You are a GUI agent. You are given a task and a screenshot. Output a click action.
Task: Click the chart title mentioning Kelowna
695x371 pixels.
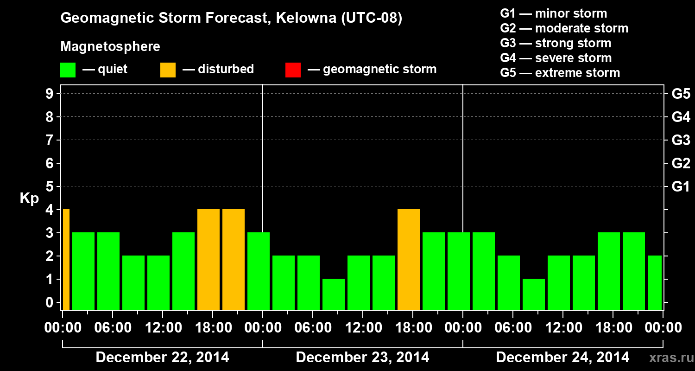point(231,18)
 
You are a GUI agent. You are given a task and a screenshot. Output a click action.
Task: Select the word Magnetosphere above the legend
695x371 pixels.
point(110,47)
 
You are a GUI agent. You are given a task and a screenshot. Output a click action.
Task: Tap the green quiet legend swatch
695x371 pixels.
point(68,70)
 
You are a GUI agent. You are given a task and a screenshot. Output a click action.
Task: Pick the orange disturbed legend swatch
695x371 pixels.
point(168,70)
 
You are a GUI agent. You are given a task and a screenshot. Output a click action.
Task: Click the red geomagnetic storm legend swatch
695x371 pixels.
point(293,70)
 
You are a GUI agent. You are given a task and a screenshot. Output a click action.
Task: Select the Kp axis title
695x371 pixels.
point(29,198)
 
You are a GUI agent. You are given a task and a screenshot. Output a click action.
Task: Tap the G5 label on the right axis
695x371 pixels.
point(681,94)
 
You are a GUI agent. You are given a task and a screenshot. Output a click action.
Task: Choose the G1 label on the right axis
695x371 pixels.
point(681,187)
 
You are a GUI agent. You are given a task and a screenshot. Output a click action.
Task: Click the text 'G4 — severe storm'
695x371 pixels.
point(556,58)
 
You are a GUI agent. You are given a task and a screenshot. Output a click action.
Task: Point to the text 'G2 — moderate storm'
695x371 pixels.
point(564,28)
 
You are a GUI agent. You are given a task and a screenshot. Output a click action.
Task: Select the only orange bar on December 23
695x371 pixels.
point(409,259)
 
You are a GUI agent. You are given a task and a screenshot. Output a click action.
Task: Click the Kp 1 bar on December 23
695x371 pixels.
point(334,294)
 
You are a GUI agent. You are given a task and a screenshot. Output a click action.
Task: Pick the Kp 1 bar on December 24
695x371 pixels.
point(534,294)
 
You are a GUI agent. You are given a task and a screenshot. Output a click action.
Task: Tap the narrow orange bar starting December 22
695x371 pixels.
point(66,259)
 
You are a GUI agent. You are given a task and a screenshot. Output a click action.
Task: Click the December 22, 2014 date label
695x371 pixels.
point(162,358)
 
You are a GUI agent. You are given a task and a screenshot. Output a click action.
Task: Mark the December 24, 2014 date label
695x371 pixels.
point(562,358)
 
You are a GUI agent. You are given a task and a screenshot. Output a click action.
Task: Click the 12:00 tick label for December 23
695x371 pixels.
point(364,328)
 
